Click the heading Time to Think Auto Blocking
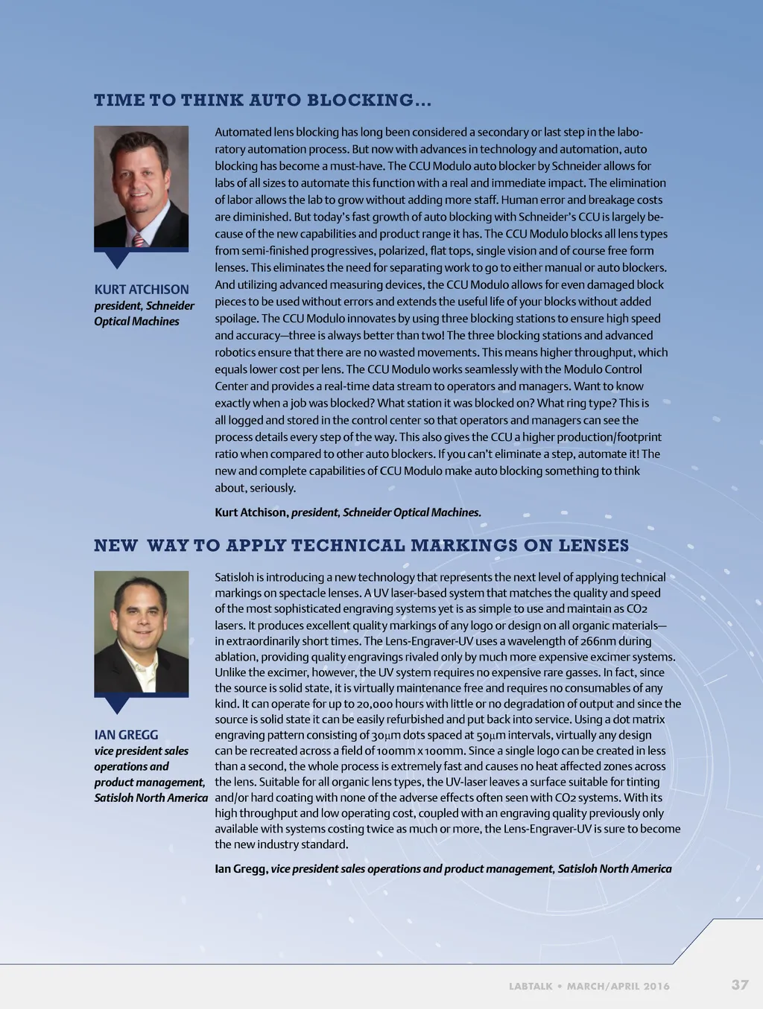(262, 101)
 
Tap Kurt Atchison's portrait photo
(141, 186)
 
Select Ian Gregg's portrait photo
(141, 631)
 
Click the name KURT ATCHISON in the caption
(142, 289)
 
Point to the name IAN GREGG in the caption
(126, 734)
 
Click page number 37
(739, 984)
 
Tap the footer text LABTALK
(531, 986)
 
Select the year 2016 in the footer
(656, 986)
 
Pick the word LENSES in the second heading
(593, 546)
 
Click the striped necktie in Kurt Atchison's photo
(139, 239)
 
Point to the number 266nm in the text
(601, 641)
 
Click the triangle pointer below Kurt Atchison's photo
(117, 258)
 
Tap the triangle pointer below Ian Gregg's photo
(117, 704)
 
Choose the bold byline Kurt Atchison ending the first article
(251, 512)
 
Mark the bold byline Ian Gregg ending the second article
(241, 868)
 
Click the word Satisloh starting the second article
(234, 577)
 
